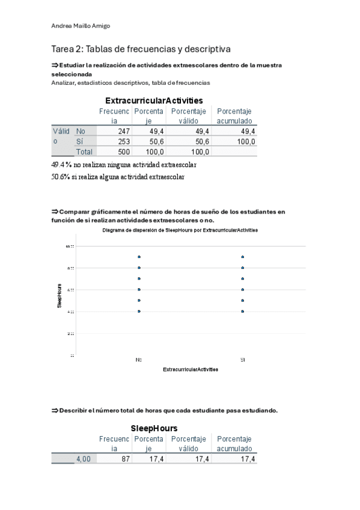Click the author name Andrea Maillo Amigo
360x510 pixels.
point(81,26)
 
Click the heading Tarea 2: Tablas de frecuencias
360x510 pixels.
point(141,49)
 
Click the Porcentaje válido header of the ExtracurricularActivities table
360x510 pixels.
point(188,116)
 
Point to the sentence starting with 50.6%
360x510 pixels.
point(118,177)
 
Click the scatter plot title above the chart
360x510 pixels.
point(180,231)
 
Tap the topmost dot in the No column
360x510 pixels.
point(139,257)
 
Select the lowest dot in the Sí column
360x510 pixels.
point(242,311)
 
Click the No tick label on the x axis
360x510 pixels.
point(139,359)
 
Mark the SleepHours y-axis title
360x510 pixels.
point(59,295)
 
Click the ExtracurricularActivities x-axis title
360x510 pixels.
point(191,369)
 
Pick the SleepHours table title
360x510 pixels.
point(154,428)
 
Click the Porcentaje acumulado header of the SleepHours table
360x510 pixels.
point(234,444)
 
